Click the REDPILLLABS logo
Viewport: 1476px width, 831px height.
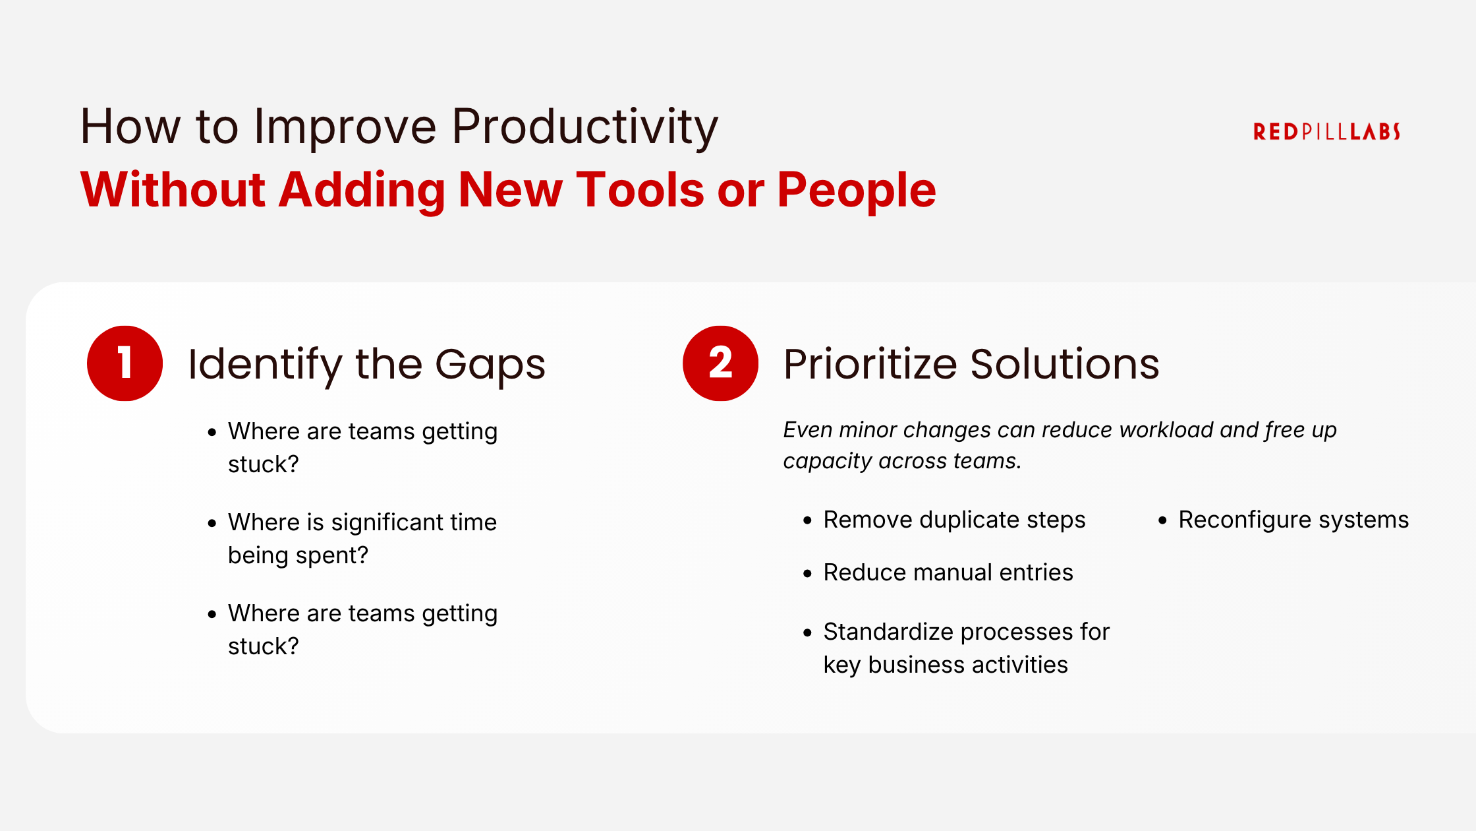tap(1326, 132)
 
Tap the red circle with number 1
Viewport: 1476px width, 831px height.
tap(125, 363)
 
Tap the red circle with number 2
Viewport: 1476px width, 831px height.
tap(720, 363)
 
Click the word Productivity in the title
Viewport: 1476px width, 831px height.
tap(584, 127)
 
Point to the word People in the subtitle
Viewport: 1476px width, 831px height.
tap(856, 190)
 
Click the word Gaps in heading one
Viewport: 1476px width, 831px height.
tap(490, 365)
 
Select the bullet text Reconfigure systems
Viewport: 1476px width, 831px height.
tap(1293, 520)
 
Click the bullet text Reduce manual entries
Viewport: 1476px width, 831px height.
tap(948, 572)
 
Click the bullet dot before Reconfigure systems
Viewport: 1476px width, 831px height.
tap(1162, 521)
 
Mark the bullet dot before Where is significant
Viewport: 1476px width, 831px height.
tap(212, 524)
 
